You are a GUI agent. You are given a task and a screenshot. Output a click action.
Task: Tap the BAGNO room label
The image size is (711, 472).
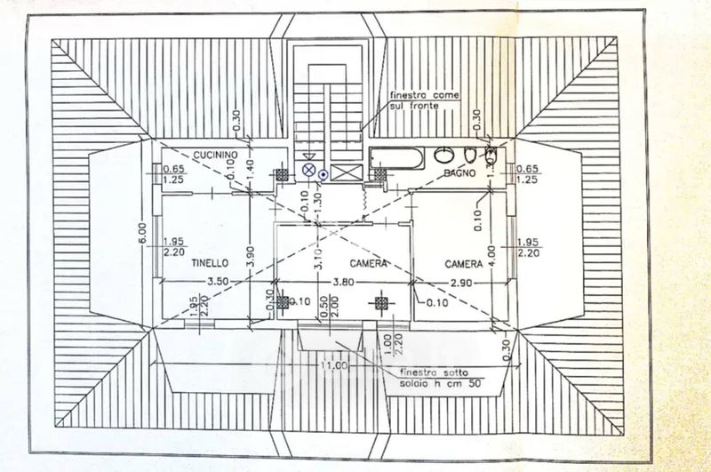tap(463, 173)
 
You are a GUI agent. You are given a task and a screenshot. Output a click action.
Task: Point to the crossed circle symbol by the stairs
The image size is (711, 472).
tap(308, 169)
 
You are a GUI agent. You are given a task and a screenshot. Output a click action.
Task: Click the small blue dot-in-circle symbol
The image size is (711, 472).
tap(324, 174)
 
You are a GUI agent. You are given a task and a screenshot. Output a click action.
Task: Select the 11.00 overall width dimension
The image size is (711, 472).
tap(333, 364)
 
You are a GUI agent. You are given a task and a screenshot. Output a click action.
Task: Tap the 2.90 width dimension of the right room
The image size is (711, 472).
tap(460, 283)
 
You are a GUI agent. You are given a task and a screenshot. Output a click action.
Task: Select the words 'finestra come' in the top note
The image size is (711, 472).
tap(423, 96)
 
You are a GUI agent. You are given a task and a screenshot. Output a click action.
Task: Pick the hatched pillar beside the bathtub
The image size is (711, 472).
tap(379, 175)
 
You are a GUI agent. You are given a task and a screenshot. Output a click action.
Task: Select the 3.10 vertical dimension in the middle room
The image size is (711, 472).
tap(318, 260)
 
